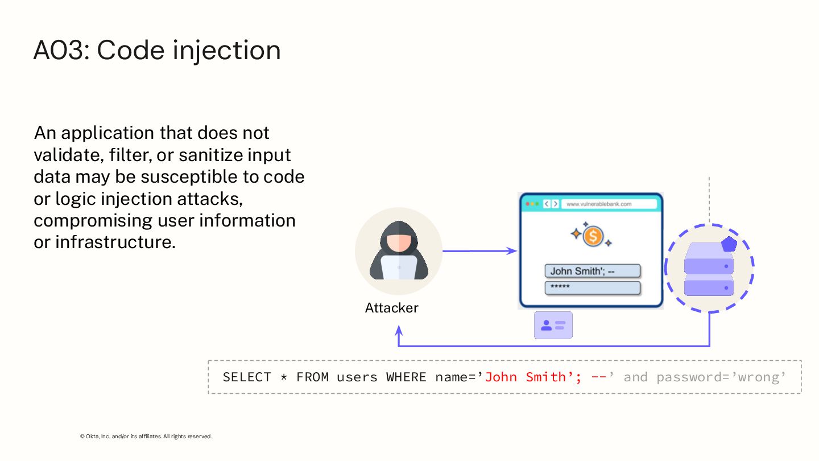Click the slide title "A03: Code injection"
[157, 50]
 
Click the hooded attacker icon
[399, 251]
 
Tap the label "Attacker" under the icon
[391, 308]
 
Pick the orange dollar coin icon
[593, 236]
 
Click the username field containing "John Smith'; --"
[592, 271]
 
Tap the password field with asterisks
[592, 287]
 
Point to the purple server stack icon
[709, 269]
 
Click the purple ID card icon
[553, 326]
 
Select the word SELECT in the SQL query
[247, 377]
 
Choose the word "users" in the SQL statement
[357, 377]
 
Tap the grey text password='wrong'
[721, 377]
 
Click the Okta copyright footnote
[146, 437]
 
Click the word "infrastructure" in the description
[114, 242]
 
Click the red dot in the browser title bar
[528, 204]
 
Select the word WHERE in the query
[406, 377]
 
